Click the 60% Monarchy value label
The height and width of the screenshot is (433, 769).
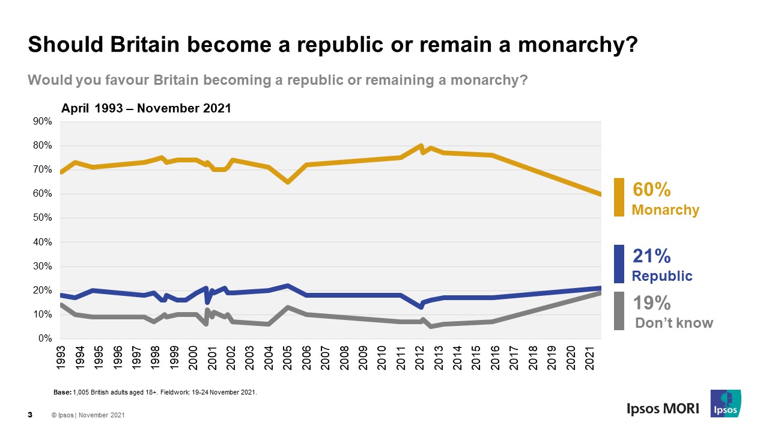pyautogui.click(x=652, y=190)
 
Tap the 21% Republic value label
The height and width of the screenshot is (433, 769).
pyautogui.click(x=651, y=257)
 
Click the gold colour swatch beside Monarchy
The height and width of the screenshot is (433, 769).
pyautogui.click(x=619, y=197)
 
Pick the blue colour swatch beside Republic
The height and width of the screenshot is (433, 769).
pyautogui.click(x=619, y=264)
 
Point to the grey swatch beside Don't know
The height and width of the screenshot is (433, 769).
pyautogui.click(x=619, y=311)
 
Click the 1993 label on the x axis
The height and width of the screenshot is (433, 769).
pyautogui.click(x=61, y=357)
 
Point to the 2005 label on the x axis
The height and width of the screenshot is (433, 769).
pyautogui.click(x=288, y=357)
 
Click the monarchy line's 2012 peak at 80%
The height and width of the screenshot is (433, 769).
pyautogui.click(x=421, y=146)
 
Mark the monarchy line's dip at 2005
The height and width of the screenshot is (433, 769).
pyautogui.click(x=288, y=182)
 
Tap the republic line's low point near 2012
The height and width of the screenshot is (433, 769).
pyautogui.click(x=421, y=307)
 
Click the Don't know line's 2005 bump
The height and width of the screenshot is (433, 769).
pyautogui.click(x=288, y=307)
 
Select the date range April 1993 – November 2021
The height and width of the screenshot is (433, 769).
pyautogui.click(x=146, y=109)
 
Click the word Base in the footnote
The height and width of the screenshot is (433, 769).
pyautogui.click(x=62, y=392)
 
